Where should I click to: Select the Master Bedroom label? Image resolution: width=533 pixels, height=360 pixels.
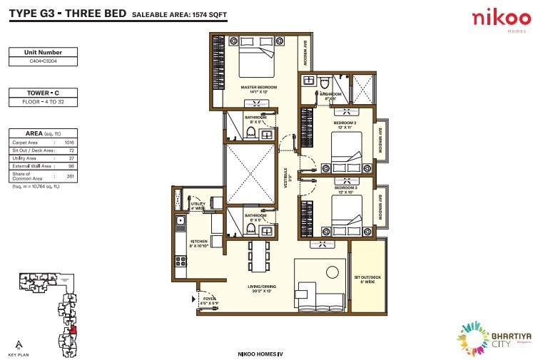[258, 89]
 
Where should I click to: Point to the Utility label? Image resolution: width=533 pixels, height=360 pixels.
[198, 207]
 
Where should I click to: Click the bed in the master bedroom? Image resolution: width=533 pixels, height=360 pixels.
[256, 62]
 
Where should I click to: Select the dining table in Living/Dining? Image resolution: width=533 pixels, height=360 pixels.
[259, 255]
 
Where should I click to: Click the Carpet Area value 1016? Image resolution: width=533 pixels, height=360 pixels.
[69, 143]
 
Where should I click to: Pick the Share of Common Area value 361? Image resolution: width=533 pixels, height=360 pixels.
[70, 175]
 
